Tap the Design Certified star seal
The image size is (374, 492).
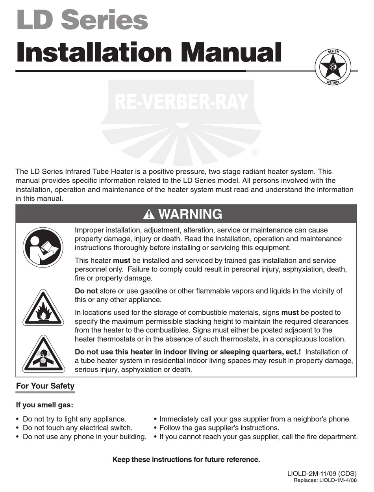pyautogui.click(x=332, y=67)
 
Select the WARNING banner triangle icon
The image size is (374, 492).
pyautogui.click(x=149, y=214)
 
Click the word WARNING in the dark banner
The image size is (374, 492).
pyautogui.click(x=190, y=214)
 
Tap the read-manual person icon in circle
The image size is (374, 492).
pyautogui.click(x=43, y=247)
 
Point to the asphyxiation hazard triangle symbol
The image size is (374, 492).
pyautogui.click(x=43, y=355)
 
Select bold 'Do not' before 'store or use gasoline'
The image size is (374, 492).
pyautogui.click(x=86, y=291)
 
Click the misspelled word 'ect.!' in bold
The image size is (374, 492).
pyautogui.click(x=292, y=352)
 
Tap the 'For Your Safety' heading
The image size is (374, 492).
pyautogui.click(x=45, y=386)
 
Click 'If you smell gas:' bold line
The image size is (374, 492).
pyautogui.click(x=44, y=405)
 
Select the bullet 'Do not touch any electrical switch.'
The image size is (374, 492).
pyautogui.click(x=78, y=428)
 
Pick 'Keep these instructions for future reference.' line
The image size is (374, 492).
pyautogui.click(x=186, y=460)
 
